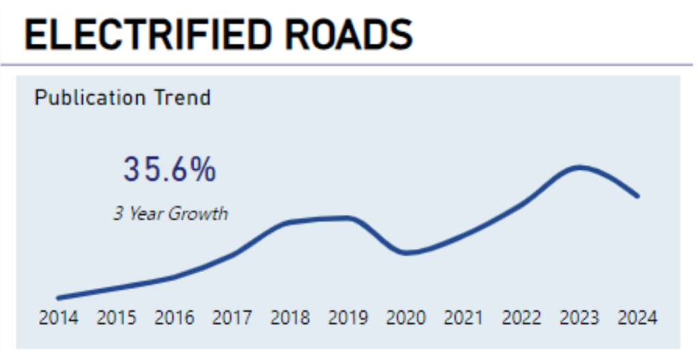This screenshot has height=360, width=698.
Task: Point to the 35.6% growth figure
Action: click(x=170, y=170)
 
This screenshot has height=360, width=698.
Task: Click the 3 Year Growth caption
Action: click(x=170, y=213)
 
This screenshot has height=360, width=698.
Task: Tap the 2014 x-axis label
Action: click(x=58, y=317)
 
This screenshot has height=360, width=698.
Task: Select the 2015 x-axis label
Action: click(x=116, y=317)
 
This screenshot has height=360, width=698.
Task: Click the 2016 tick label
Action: click(x=174, y=317)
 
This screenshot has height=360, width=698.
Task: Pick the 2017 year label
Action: click(x=232, y=317)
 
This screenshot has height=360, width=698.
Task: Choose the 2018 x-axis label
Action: click(x=290, y=317)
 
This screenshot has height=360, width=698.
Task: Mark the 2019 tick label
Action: click(x=348, y=317)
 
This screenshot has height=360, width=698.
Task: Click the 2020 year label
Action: click(x=406, y=317)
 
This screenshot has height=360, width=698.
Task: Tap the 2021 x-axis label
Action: click(x=464, y=317)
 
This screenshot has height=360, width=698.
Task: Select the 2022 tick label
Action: click(x=521, y=317)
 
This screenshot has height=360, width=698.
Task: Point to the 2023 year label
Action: click(x=579, y=317)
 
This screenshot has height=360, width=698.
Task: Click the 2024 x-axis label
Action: click(x=637, y=317)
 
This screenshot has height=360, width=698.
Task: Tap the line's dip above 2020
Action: click(x=406, y=253)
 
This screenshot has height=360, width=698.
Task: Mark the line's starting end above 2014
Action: click(x=59, y=298)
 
